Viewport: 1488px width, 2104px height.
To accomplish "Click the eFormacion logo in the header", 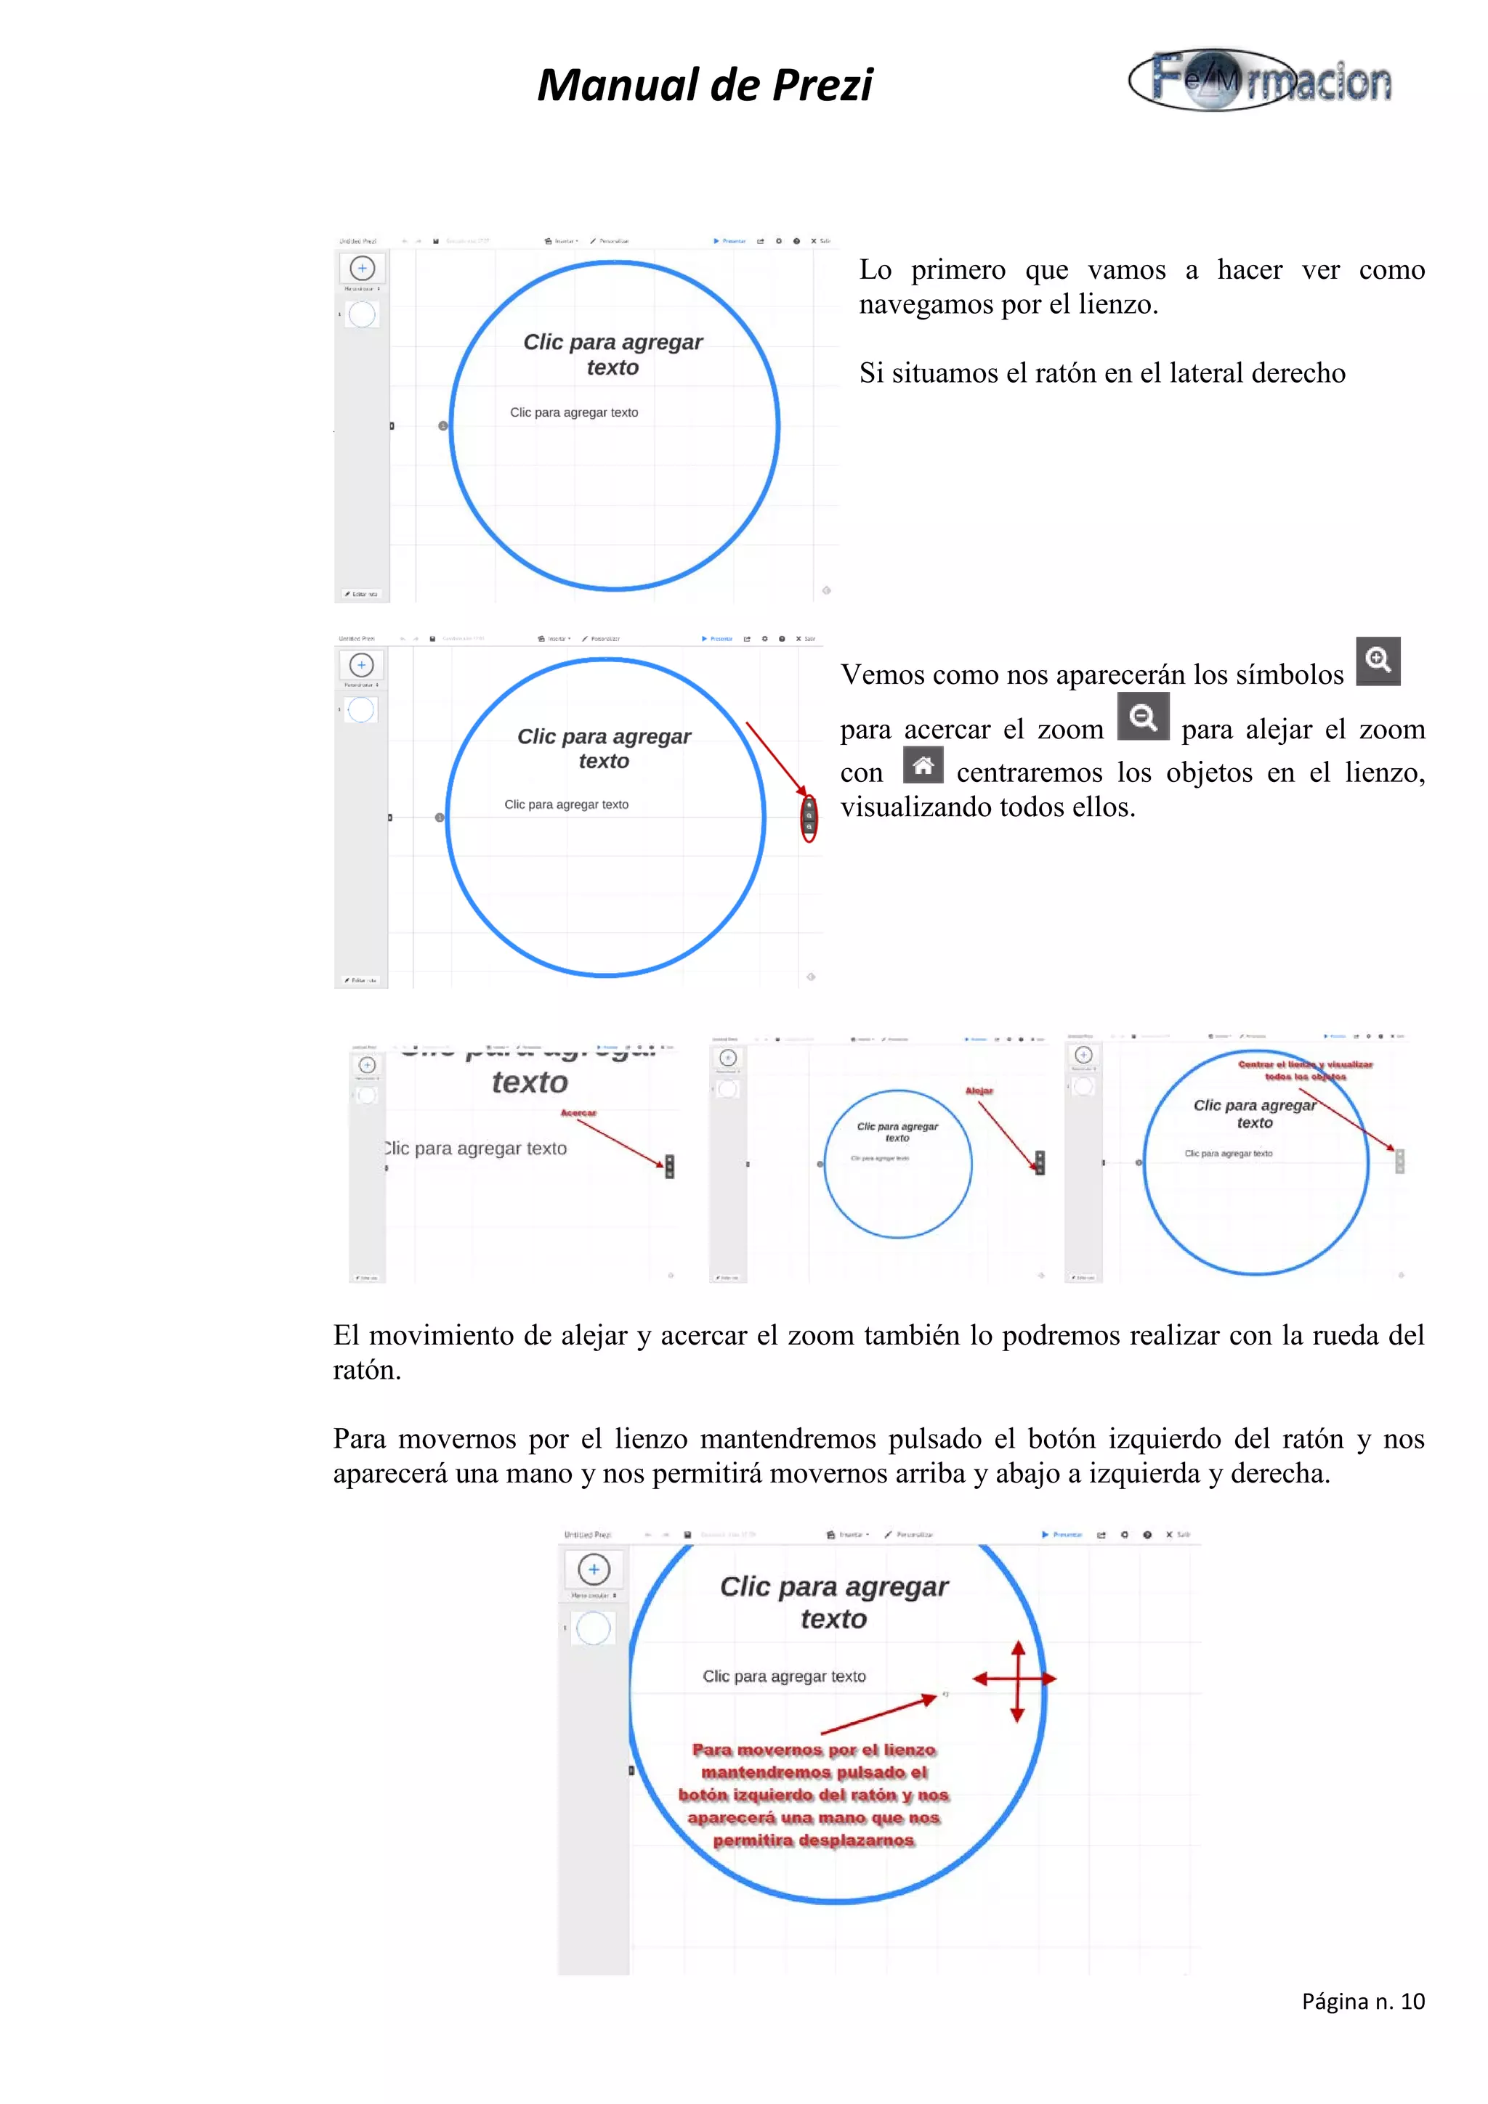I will (1261, 81).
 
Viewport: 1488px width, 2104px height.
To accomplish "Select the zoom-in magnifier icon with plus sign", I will (1378, 660).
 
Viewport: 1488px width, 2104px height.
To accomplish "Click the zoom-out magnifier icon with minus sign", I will (1142, 716).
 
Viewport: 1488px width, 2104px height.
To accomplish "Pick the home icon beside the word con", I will (922, 765).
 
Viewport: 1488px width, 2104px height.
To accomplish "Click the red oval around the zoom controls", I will (809, 817).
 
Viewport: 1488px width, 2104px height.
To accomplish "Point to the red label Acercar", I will (578, 1112).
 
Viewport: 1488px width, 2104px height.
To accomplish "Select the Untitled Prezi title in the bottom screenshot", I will (588, 1535).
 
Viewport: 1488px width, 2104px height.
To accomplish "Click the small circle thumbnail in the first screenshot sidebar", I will (362, 314).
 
